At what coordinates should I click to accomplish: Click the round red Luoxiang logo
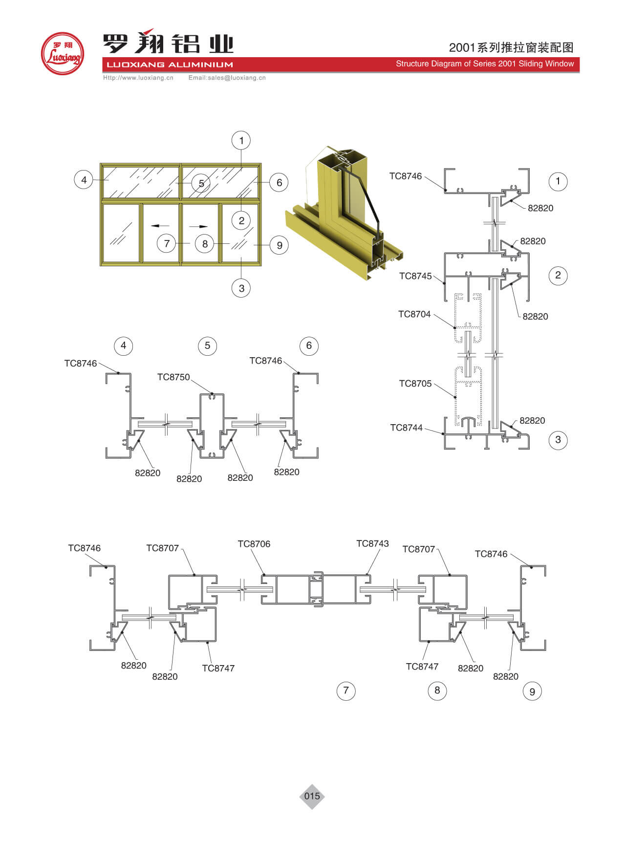tap(62, 53)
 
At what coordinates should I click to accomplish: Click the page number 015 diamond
tap(312, 796)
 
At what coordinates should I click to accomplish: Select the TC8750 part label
tap(173, 377)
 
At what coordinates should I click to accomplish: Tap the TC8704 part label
tap(414, 314)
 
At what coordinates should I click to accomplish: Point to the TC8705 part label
tap(415, 384)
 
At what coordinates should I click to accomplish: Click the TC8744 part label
tap(406, 428)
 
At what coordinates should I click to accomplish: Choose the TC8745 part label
tap(415, 276)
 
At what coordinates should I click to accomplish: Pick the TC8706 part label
tap(254, 544)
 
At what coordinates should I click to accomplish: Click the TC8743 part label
tap(372, 543)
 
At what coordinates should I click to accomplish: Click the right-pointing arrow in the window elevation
tap(198, 226)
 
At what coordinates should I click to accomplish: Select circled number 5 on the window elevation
tap(201, 184)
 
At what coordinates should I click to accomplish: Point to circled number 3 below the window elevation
tap(241, 288)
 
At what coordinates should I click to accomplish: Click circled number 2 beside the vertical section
tap(558, 275)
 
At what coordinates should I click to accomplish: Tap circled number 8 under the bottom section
tap(437, 690)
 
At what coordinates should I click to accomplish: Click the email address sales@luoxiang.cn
tap(227, 78)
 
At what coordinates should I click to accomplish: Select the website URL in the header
tap(138, 78)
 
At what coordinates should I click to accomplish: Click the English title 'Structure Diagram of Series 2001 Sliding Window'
tap(485, 64)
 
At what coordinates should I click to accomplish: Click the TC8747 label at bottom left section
tap(218, 668)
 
